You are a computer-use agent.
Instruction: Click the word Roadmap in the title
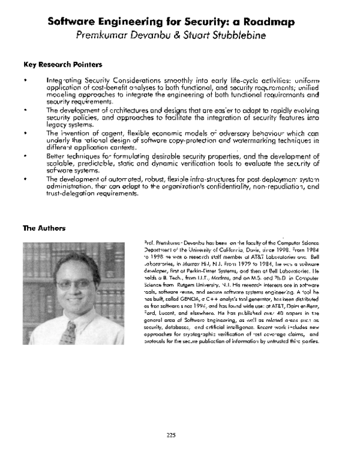coord(262,23)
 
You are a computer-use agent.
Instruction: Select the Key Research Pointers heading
coord(62,64)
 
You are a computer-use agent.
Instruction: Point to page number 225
coord(180,435)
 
